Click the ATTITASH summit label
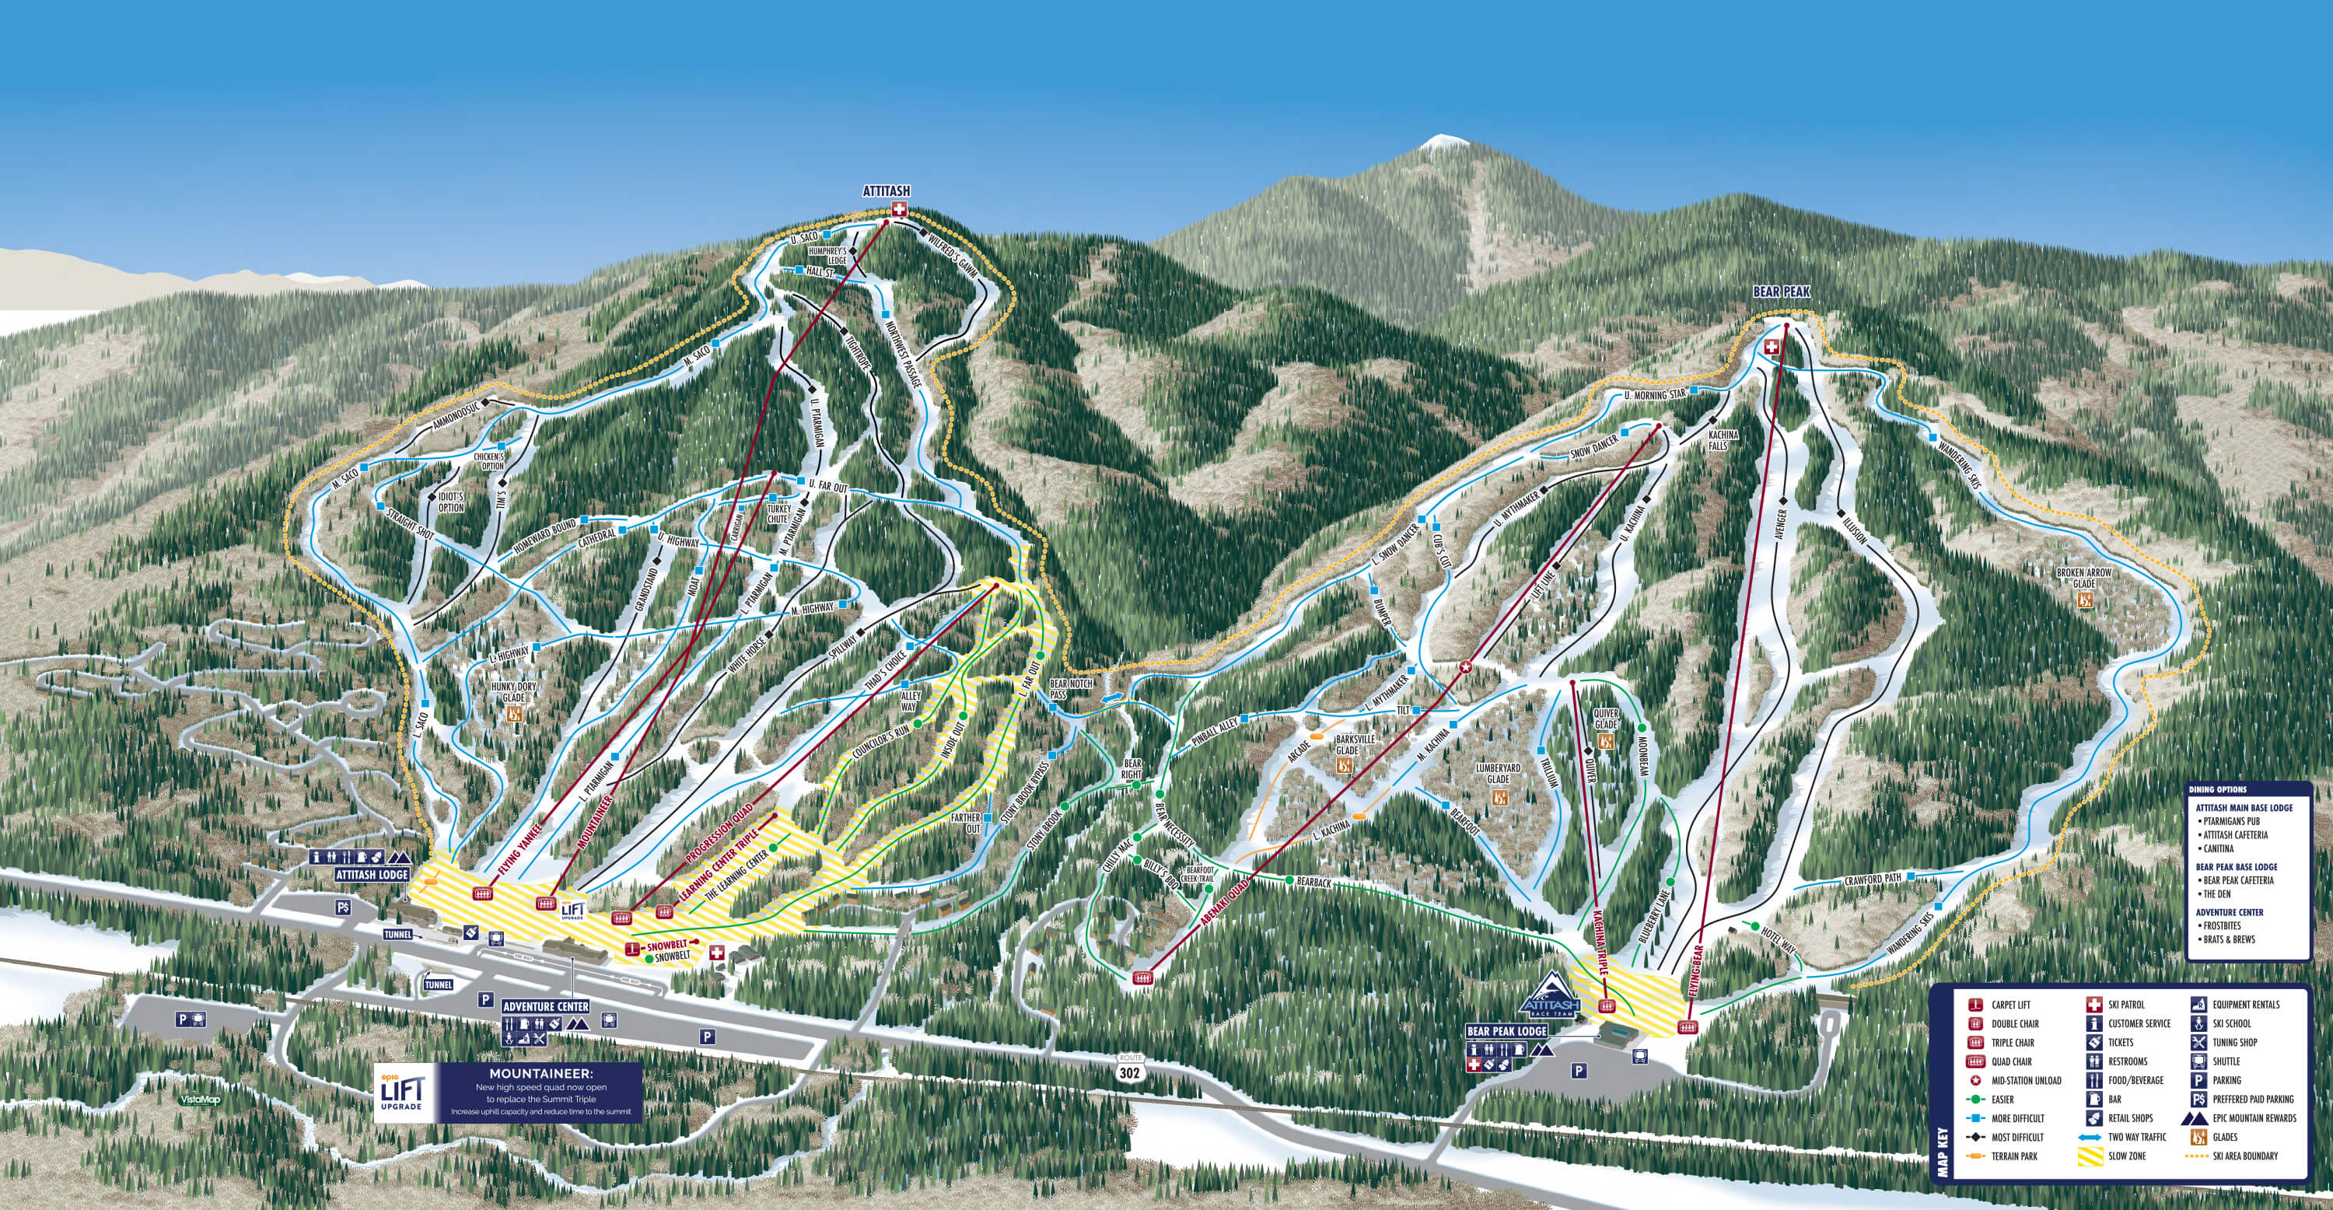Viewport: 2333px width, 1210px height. pyautogui.click(x=886, y=191)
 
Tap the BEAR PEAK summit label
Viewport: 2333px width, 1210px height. pyautogui.click(x=1781, y=292)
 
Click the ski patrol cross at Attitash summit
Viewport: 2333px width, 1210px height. pyautogui.click(x=898, y=210)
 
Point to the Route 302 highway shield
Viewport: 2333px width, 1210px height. pyautogui.click(x=1129, y=1068)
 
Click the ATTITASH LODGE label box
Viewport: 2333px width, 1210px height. pyautogui.click(x=371, y=875)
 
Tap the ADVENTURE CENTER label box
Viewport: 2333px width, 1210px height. pyautogui.click(x=545, y=1006)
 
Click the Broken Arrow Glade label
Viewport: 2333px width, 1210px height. pyautogui.click(x=2083, y=578)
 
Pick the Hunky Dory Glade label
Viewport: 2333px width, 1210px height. pyautogui.click(x=513, y=692)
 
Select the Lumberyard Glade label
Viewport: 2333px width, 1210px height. pyautogui.click(x=1497, y=772)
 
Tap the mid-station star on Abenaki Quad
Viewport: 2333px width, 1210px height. pyautogui.click(x=1465, y=667)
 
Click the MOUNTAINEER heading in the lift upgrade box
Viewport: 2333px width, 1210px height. pyautogui.click(x=540, y=1073)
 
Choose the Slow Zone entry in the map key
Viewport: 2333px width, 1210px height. pyautogui.click(x=2126, y=1156)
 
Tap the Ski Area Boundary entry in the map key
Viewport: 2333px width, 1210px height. pyautogui.click(x=2244, y=1156)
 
